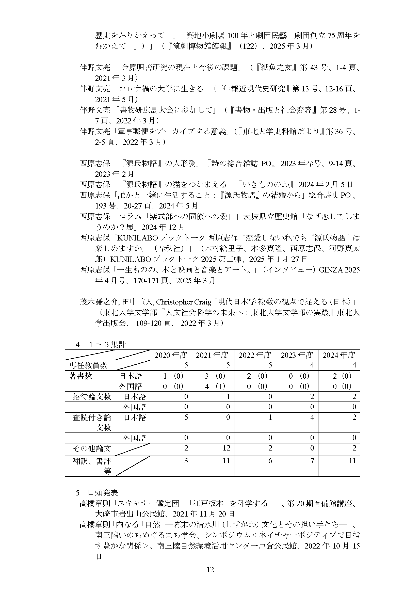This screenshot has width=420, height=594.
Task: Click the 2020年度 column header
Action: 171,355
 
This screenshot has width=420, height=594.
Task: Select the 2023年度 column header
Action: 297,355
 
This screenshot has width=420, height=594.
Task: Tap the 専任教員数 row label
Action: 88,365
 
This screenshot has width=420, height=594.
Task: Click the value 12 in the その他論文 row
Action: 226,448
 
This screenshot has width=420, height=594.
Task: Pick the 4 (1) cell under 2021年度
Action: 213,386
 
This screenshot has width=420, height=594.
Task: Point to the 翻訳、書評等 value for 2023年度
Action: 312,460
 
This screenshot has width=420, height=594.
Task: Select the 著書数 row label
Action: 80,376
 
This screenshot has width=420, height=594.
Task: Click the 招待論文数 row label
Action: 92,397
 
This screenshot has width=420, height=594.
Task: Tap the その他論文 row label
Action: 92,448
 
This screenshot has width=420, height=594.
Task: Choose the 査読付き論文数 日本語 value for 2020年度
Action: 186,417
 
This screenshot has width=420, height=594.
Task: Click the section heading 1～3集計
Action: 107,344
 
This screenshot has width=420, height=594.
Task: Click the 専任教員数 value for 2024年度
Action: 354,365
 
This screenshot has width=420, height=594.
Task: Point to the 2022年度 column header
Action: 255,355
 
